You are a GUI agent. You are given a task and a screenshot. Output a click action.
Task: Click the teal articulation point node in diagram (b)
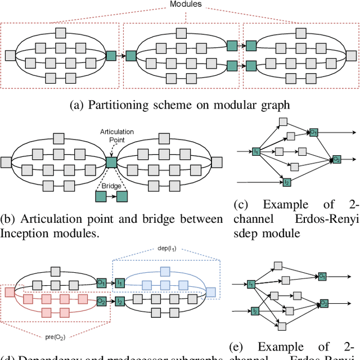pos(111,163)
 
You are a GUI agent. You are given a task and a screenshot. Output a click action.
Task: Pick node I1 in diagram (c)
pos(255,152)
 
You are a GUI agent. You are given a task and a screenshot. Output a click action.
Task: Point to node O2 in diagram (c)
pos(336,160)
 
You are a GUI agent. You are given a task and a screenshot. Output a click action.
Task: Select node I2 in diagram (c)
pos(286,183)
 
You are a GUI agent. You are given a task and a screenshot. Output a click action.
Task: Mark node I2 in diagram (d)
pos(120,302)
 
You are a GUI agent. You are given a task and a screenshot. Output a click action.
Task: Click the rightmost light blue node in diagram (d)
pos(210,292)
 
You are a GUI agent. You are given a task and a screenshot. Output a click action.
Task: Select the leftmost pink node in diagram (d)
pos(10,292)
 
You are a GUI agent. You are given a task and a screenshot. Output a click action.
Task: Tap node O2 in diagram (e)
pos(325,303)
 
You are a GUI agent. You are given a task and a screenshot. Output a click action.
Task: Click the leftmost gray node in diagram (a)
pos(10,55)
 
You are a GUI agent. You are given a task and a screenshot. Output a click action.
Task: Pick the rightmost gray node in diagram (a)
pos(352,55)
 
